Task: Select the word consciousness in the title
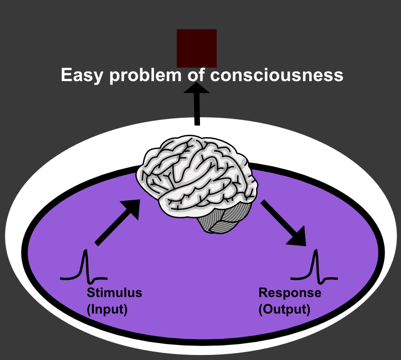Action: point(277,75)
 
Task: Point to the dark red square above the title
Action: point(196,48)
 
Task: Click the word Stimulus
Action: point(114,293)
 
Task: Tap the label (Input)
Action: point(107,309)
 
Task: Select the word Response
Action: point(289,293)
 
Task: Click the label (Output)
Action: point(284,309)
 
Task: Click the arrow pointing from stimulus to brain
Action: point(117,222)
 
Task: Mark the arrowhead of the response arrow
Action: point(298,237)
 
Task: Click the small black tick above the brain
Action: point(197,121)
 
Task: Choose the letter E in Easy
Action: point(66,75)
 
